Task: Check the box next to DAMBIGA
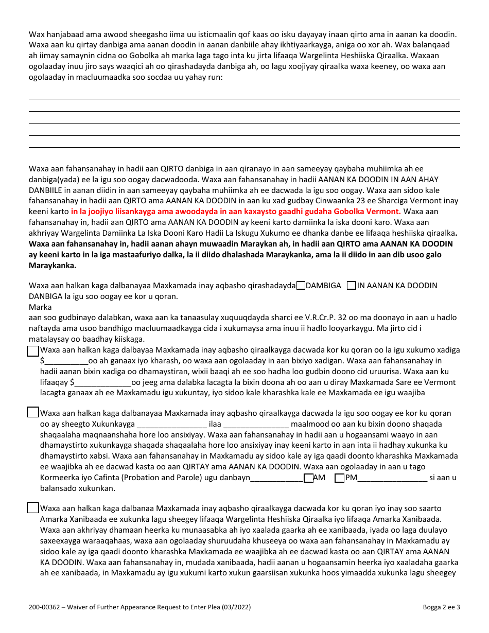point(301,286)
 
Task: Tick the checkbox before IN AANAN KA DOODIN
point(352,286)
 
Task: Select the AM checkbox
point(308,478)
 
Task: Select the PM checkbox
point(339,478)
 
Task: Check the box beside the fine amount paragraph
point(32,351)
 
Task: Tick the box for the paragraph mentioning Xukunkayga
point(32,412)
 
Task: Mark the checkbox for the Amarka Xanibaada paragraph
point(32,508)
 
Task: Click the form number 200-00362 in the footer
point(46,607)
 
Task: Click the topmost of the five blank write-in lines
point(244,98)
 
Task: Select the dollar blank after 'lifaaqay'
point(103,383)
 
